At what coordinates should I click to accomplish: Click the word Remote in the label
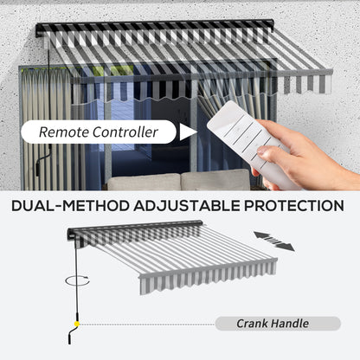click(64, 132)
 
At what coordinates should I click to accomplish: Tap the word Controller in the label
click(125, 132)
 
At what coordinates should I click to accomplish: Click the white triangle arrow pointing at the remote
click(188, 132)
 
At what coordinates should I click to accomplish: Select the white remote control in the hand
click(250, 145)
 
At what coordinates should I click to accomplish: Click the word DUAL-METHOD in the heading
click(70, 206)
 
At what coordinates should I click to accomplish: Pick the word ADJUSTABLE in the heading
click(187, 206)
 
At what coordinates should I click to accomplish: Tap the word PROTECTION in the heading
click(294, 206)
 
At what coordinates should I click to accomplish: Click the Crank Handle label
click(273, 324)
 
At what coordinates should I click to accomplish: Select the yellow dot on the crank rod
click(77, 324)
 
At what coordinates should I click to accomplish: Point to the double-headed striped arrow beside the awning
click(274, 241)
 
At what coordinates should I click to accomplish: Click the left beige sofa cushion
click(144, 183)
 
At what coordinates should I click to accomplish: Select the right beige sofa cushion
click(215, 181)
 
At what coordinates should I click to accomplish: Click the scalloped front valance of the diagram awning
click(209, 278)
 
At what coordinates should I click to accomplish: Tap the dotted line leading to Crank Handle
click(147, 325)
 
